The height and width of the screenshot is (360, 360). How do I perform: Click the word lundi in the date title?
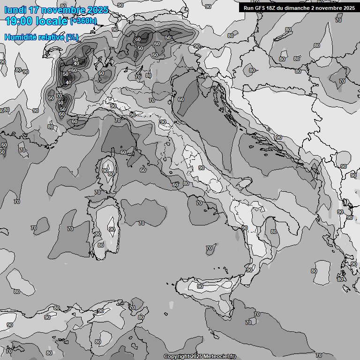[15, 10]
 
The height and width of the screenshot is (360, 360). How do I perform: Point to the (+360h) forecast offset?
[83, 21]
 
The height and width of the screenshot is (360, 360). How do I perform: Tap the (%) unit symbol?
[72, 37]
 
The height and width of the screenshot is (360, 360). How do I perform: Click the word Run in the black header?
[249, 7]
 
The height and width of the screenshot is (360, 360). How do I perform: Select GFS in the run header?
[261, 7]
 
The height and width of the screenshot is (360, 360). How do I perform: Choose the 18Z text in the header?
[273, 7]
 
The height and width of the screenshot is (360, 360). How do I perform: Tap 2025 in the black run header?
[347, 7]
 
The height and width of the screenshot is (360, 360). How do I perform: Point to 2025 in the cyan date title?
[96, 10]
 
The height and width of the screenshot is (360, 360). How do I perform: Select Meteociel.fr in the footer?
[220, 357]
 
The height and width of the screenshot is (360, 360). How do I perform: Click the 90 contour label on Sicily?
[200, 286]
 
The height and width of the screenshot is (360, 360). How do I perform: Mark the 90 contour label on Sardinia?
[112, 229]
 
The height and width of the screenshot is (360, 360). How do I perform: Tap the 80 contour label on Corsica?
[111, 174]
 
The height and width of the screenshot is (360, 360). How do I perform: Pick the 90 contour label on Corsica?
[105, 171]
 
